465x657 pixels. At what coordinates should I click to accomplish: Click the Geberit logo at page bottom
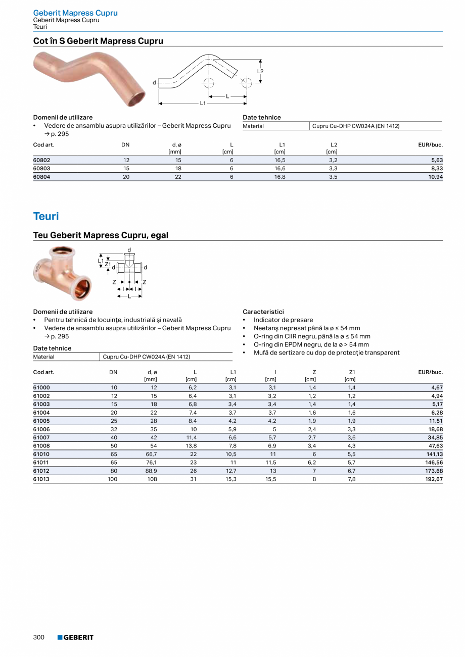75,637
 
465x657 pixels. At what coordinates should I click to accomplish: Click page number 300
39,637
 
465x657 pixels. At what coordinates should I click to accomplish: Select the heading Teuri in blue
46,216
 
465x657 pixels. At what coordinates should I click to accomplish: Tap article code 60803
41,168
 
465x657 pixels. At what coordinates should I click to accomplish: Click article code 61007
41,437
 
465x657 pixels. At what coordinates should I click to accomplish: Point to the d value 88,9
151,471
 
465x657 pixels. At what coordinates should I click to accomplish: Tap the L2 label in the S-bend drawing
260,71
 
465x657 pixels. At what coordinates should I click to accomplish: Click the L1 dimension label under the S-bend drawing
203,103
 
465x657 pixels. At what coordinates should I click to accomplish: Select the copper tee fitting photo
61,273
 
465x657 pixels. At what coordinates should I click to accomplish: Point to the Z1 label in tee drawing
107,265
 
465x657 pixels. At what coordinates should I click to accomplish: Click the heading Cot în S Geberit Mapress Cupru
98,41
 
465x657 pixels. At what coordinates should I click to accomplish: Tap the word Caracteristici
263,312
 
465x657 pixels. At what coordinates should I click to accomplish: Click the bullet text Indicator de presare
283,320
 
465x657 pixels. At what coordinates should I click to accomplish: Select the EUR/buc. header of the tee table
430,372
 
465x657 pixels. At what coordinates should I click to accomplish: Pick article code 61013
41,479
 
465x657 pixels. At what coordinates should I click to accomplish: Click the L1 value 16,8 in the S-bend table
280,177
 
